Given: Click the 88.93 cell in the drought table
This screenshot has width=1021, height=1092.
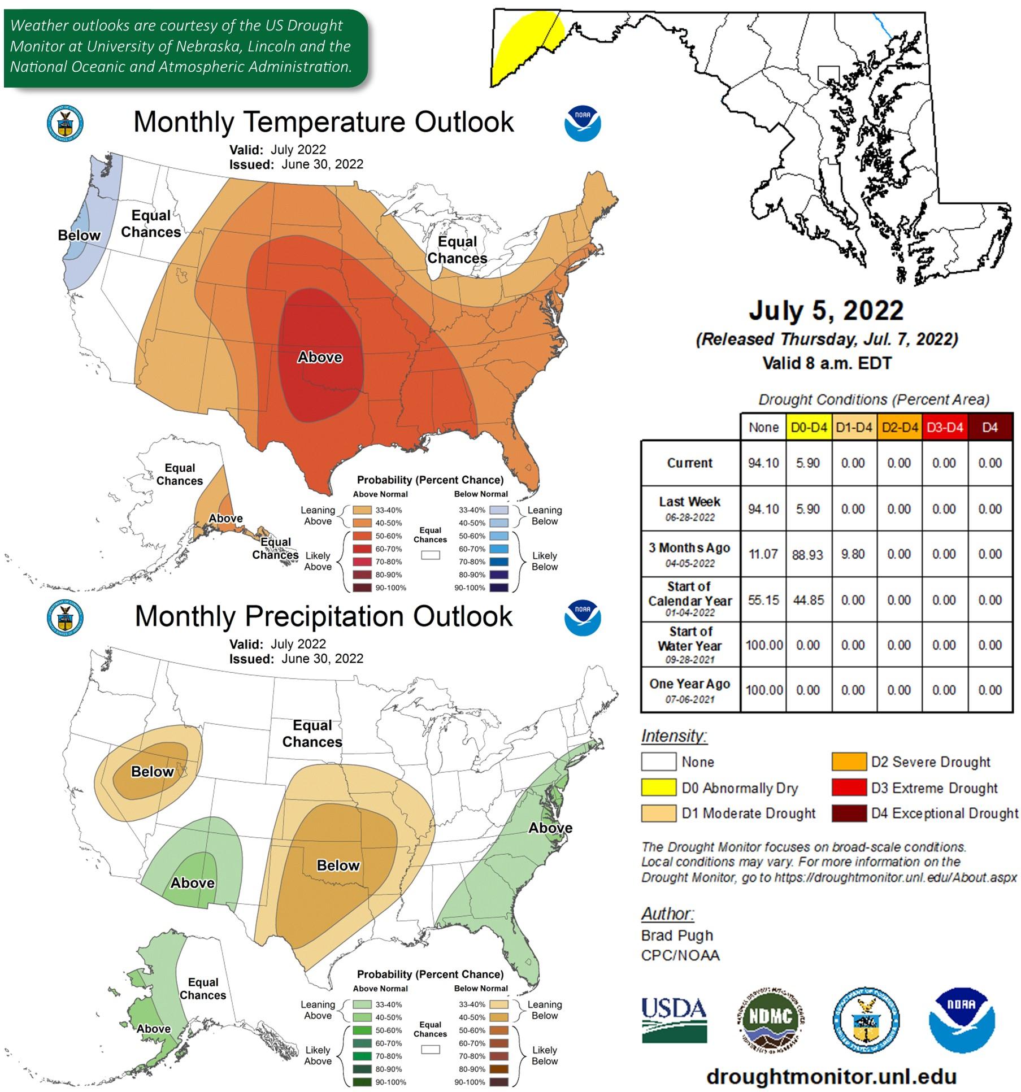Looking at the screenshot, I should point(807,555).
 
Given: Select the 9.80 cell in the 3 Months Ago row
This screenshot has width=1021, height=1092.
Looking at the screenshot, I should point(853,554).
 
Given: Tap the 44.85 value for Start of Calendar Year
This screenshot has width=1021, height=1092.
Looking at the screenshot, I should point(808,600).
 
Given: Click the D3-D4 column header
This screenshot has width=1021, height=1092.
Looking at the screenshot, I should point(944,428).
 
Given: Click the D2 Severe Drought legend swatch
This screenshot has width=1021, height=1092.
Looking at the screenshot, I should point(848,762).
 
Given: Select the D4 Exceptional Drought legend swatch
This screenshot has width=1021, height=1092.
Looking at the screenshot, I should point(848,813).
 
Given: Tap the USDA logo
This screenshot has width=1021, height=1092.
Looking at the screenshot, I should point(674,1020).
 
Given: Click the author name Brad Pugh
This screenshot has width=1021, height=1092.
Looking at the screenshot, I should point(677,936).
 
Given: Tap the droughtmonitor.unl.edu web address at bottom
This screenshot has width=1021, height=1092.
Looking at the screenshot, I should point(831,1076).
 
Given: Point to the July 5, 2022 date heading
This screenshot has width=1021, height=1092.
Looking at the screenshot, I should point(826,311).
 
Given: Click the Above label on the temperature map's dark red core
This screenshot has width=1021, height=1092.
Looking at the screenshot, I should point(320,357).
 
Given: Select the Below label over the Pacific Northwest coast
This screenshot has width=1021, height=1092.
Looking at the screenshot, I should point(79,236).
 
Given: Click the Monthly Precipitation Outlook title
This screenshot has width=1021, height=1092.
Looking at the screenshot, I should point(324,616).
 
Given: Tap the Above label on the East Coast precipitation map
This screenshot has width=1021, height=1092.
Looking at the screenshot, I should point(550,828).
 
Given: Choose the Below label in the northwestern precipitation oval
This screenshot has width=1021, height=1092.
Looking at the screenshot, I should point(152,772).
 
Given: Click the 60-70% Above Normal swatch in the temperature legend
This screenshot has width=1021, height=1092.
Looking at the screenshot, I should point(362,549).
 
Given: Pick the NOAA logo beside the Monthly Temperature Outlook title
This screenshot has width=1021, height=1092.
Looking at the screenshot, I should point(583,124).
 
